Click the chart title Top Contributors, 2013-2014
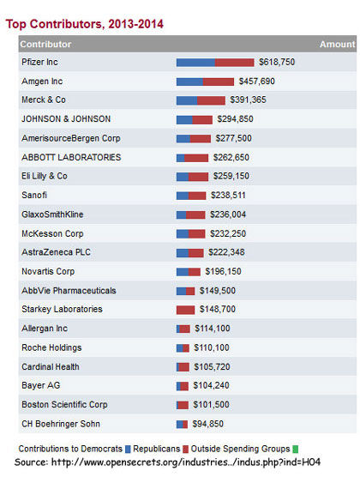click(x=85, y=24)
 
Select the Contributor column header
click(x=45, y=45)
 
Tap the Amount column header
click(x=337, y=45)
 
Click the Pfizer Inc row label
click(x=39, y=62)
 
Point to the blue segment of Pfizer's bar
click(x=195, y=63)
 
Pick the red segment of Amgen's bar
click(x=219, y=82)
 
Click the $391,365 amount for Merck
click(x=248, y=100)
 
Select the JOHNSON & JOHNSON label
click(x=66, y=119)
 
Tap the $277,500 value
click(x=233, y=138)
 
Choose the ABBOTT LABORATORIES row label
click(x=71, y=157)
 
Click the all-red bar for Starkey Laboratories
click(x=185, y=310)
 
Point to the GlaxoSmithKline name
click(x=52, y=214)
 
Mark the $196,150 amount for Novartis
click(x=223, y=271)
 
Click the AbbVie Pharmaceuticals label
click(x=69, y=291)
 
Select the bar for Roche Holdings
click(x=183, y=348)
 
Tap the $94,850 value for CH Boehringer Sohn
click(x=207, y=424)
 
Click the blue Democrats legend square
click(x=128, y=450)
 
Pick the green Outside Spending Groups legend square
click(x=295, y=450)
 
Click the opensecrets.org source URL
click(x=186, y=462)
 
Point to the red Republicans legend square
click(x=185, y=450)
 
